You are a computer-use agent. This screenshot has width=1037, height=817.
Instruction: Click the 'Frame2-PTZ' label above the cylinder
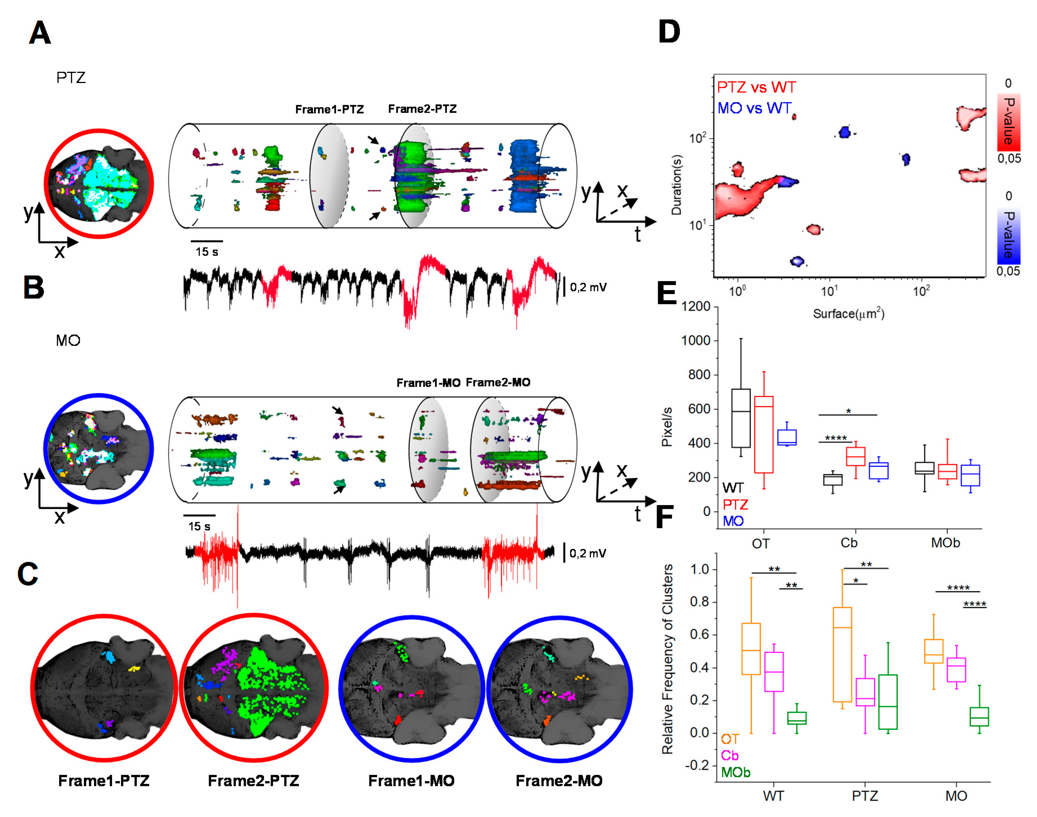point(422,109)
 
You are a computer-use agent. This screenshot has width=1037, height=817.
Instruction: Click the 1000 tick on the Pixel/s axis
point(695,341)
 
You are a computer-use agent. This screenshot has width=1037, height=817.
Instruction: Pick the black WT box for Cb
point(832,479)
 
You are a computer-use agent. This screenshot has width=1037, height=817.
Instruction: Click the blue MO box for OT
point(786,437)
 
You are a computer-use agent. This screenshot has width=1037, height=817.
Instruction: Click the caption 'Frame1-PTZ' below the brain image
point(104,781)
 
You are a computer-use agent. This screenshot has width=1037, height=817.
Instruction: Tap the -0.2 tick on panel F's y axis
point(698,765)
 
